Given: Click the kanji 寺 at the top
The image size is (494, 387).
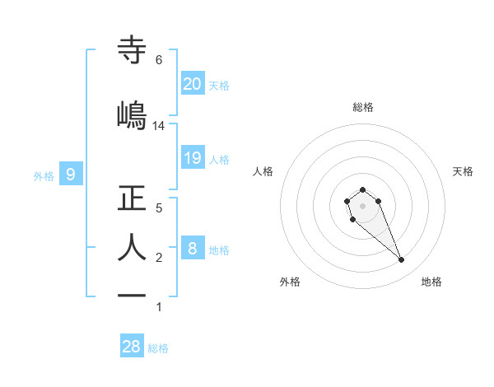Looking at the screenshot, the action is point(133,52).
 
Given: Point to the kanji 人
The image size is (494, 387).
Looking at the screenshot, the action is point(133,247).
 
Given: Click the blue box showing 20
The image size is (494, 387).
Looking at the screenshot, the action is point(192,84).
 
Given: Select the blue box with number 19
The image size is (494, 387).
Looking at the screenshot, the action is point(192,158).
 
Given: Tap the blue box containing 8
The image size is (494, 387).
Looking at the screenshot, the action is point(192,249).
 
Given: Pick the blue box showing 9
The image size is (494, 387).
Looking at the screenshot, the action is point(71,174).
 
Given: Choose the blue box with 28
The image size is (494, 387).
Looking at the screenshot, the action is point(132,347).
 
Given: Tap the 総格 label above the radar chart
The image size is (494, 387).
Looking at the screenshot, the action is point(362,107).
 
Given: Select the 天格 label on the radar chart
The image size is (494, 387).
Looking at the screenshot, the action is point(463,171).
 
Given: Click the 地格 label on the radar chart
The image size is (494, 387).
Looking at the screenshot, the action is point(431,282).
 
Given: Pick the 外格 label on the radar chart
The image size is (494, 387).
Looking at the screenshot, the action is point(290,282).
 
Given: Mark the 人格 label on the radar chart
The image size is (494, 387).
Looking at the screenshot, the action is point(263,171).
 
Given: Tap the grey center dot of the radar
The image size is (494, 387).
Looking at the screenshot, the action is point(362,206).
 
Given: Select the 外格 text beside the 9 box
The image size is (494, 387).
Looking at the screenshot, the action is point(43,175).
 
